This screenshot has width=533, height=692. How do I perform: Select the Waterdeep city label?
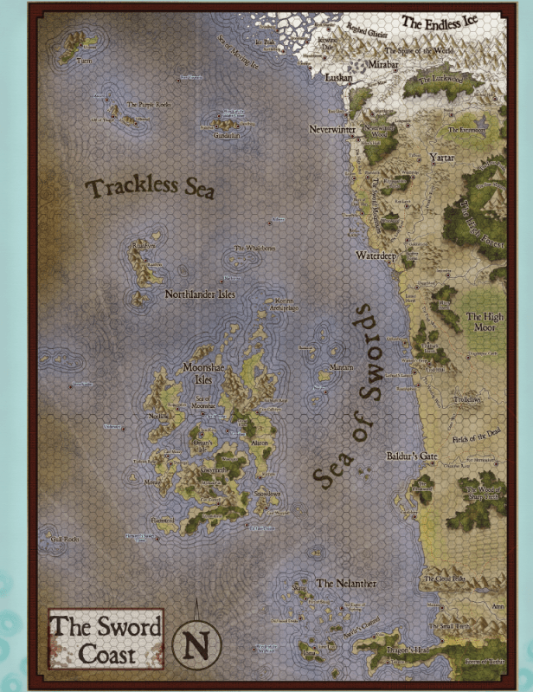coord(376,255)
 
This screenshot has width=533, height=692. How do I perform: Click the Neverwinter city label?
coord(332,129)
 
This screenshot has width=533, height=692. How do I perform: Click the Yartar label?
coord(441,158)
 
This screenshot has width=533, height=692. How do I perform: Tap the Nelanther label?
coord(346,584)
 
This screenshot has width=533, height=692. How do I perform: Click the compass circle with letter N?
coord(197,644)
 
